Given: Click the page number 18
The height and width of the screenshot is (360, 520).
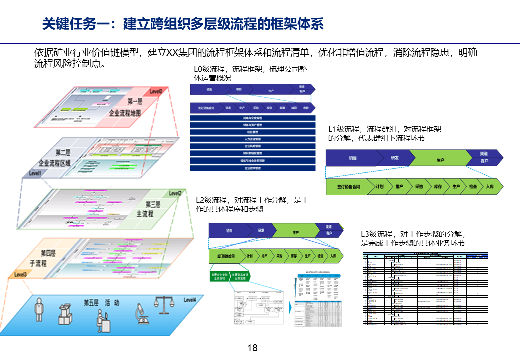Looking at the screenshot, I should (252, 348).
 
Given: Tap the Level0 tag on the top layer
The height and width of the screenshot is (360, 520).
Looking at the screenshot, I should (156, 91).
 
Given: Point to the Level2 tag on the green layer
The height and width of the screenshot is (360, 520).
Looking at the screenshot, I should (175, 193).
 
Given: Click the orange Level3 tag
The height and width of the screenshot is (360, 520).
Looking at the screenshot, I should (21, 274).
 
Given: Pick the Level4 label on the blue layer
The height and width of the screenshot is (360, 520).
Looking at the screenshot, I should (190, 300).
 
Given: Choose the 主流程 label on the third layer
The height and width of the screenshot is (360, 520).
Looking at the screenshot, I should (145, 214).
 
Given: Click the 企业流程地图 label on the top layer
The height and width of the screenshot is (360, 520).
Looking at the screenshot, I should (125, 113).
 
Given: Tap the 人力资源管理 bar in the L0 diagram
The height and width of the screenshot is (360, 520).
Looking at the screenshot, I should (253, 139).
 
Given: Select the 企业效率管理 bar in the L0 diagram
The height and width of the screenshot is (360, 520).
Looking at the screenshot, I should (253, 168).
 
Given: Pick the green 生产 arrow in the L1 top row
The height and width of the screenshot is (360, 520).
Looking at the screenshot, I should (440, 160).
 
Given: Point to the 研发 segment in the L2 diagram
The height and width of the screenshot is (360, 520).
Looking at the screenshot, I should (261, 231).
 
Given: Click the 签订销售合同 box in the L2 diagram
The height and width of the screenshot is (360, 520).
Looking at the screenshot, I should (226, 256).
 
